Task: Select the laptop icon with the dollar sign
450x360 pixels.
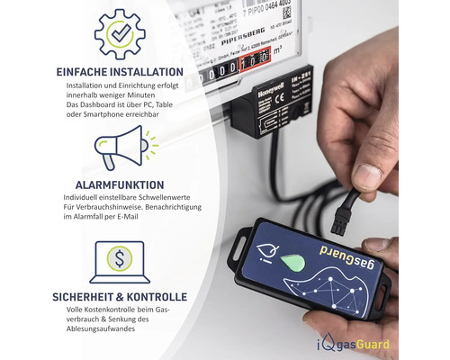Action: (120, 261)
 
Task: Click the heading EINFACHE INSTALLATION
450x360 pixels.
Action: (120, 72)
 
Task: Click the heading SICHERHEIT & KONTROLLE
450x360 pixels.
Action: (120, 296)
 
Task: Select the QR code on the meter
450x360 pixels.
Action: (286, 13)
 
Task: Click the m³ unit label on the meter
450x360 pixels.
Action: (277, 57)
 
